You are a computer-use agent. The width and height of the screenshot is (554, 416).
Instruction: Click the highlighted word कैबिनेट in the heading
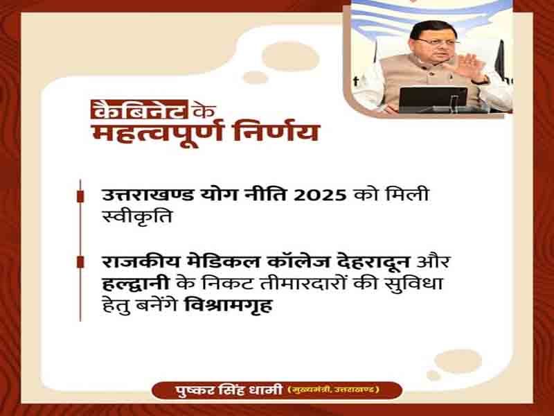139,110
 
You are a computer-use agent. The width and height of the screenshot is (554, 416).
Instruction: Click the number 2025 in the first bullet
320,196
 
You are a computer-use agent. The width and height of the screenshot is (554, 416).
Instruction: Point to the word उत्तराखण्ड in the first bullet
148,196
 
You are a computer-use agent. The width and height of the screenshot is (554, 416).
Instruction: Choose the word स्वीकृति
136,216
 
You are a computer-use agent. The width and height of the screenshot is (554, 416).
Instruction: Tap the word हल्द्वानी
136,284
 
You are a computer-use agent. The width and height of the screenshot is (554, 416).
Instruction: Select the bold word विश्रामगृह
229,306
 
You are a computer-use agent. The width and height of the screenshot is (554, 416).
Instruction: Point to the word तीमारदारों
303,284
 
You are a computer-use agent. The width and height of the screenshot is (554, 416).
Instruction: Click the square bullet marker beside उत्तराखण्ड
80,196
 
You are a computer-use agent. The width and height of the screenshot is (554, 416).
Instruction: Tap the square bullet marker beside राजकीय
80,262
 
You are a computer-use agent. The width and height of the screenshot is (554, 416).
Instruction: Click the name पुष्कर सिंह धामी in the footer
229,390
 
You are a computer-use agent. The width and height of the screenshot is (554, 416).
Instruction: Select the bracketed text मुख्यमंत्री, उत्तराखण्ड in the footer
334,390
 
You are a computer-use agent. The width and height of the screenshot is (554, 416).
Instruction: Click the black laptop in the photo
434,99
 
